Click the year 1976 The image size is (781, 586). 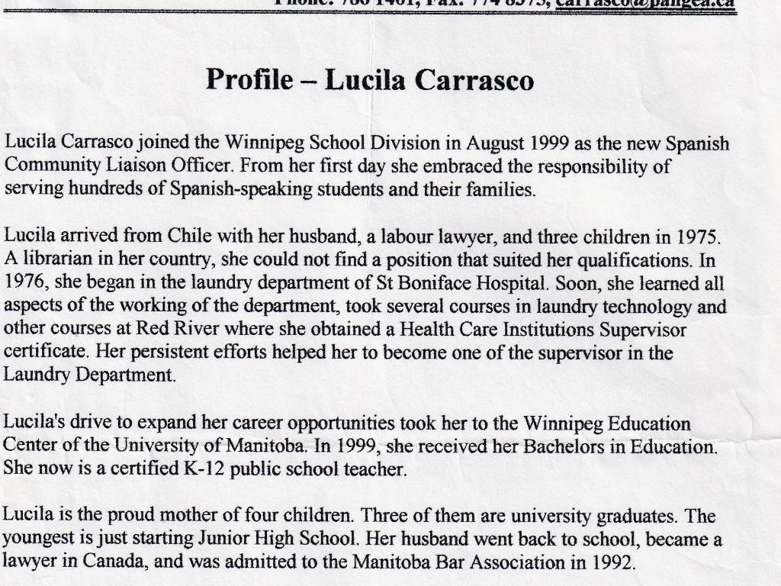pyautogui.click(x=25, y=282)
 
